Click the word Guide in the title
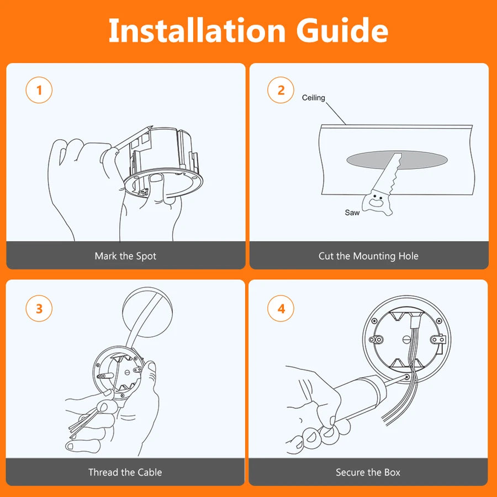[342, 30]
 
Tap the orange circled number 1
[39, 90]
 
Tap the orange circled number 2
[281, 90]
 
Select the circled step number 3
[39, 308]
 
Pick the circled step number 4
[281, 308]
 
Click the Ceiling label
[314, 98]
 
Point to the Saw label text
[352, 213]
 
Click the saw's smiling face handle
[377, 202]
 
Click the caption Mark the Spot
[125, 256]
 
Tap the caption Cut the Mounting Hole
[368, 256]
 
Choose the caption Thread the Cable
[125, 472]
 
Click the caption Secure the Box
[368, 472]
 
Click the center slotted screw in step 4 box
[406, 340]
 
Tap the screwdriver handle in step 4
[358, 396]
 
